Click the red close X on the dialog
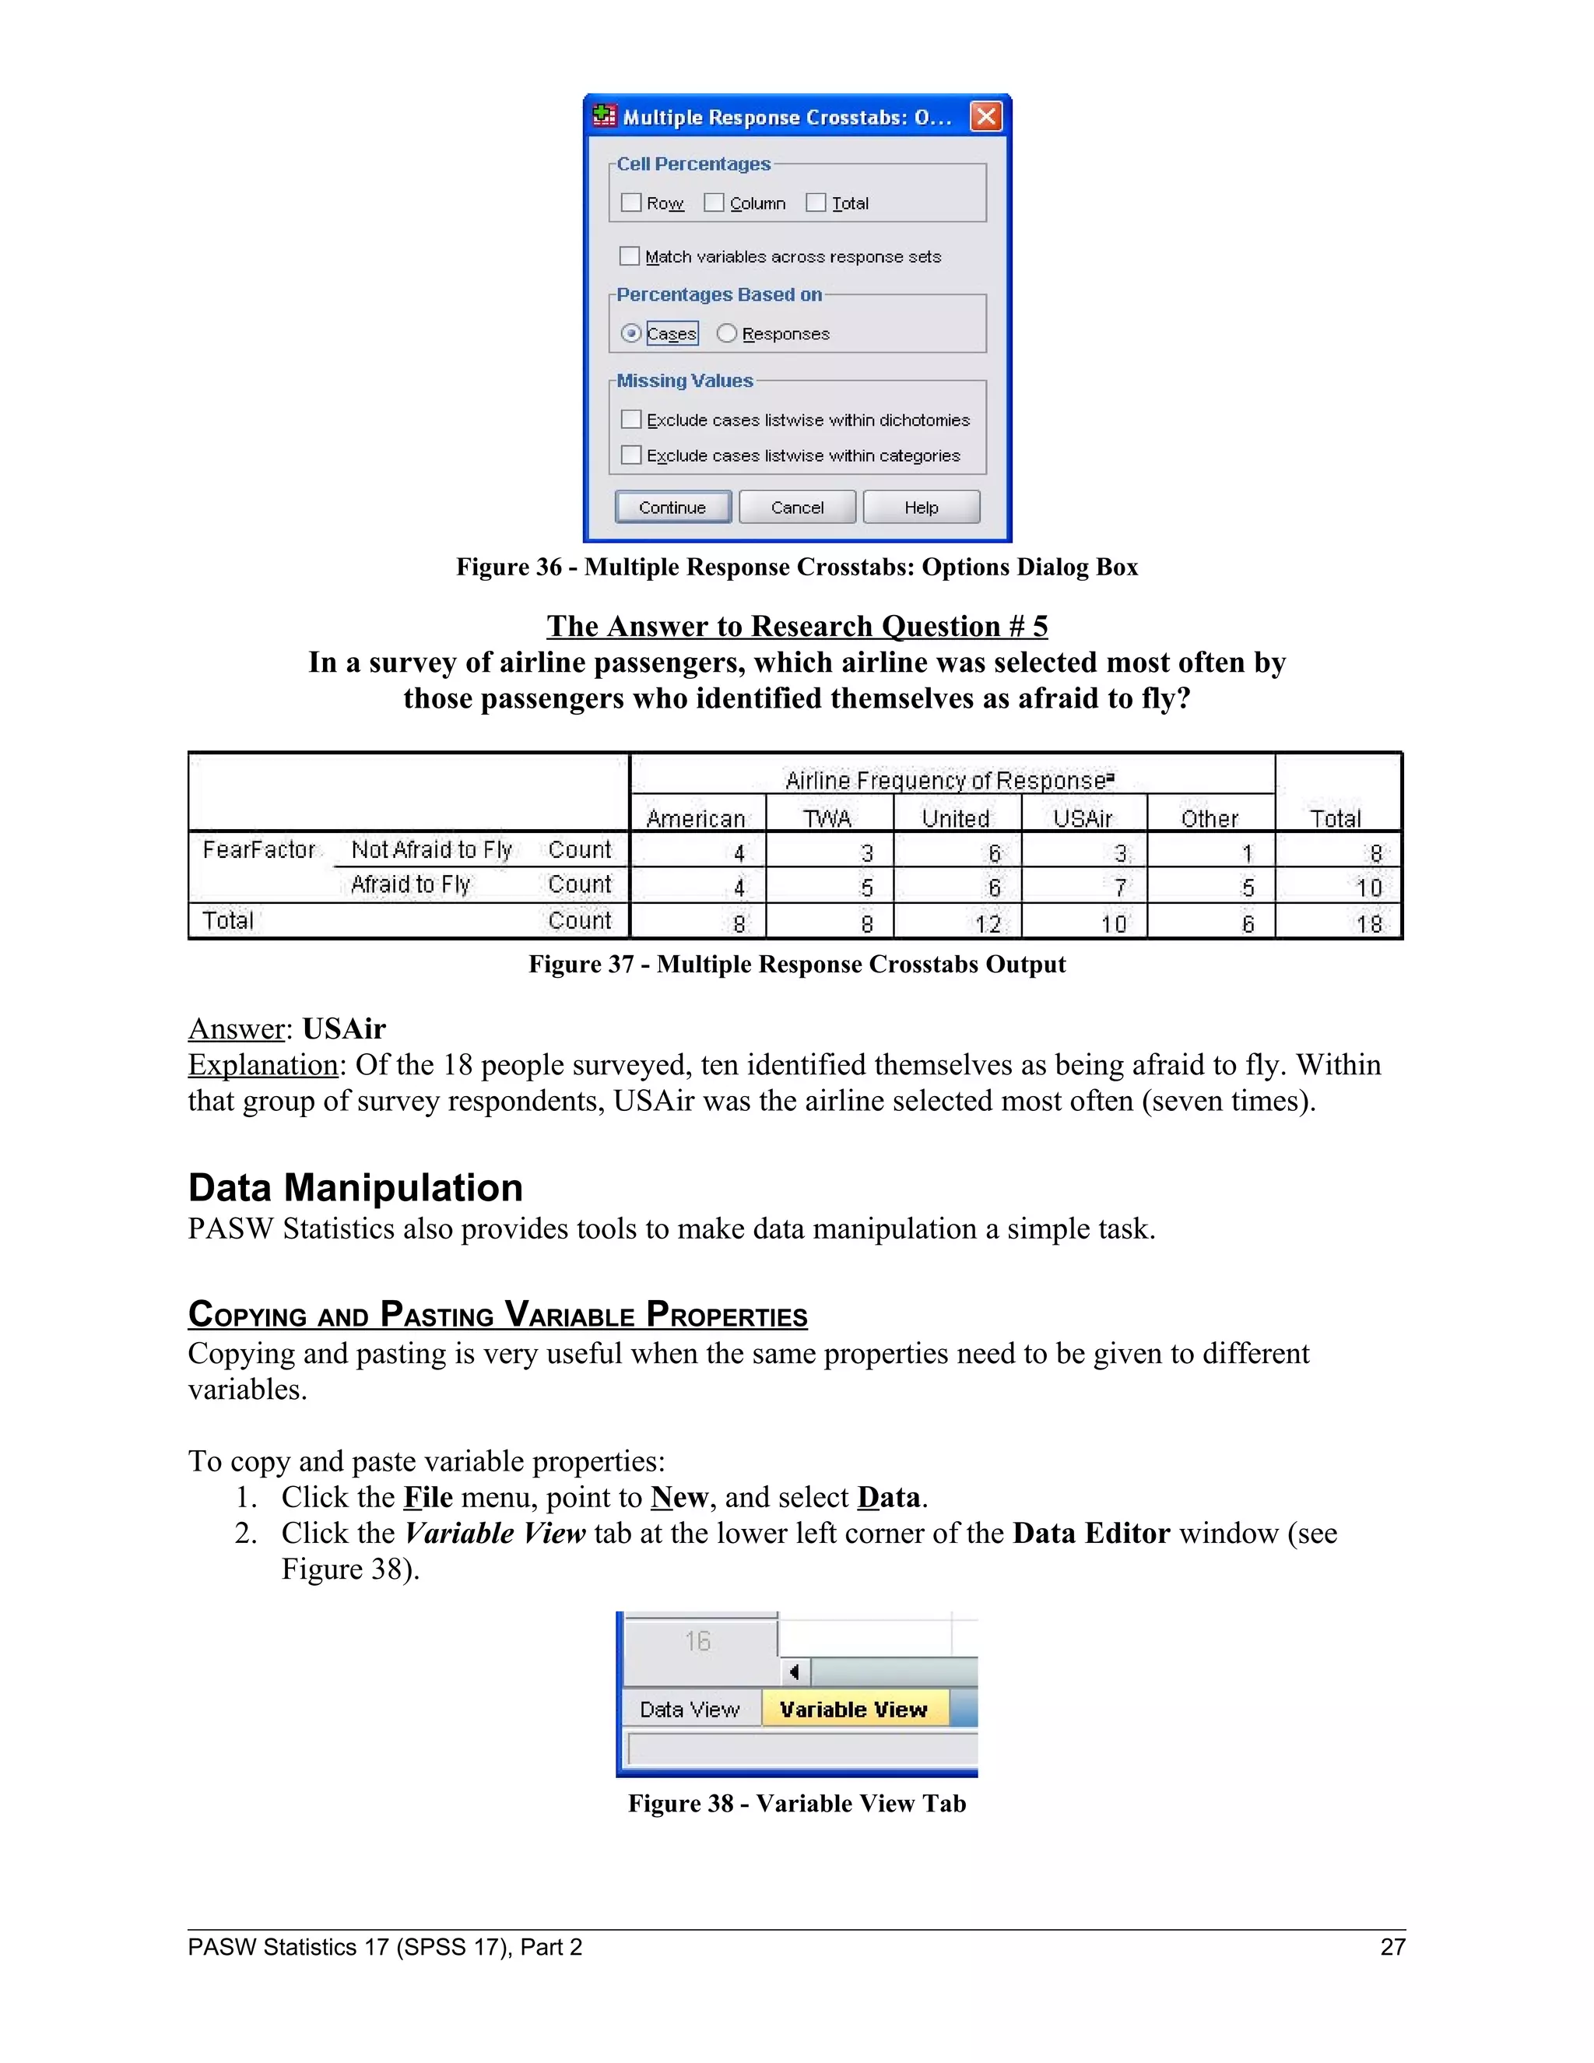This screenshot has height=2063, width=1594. pyautogui.click(x=986, y=116)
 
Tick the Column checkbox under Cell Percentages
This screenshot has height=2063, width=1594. pyautogui.click(x=714, y=203)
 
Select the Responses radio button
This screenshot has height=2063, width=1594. pyautogui.click(x=726, y=333)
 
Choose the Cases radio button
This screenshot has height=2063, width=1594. pyautogui.click(x=630, y=333)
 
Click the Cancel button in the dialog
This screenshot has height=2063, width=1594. pyautogui.click(x=797, y=508)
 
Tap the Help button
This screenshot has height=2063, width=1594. pyautogui.click(x=921, y=508)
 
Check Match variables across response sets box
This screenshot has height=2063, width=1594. pyautogui.click(x=630, y=256)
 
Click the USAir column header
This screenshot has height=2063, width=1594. pyautogui.click(x=1083, y=818)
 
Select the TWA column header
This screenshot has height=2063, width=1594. pyautogui.click(x=828, y=818)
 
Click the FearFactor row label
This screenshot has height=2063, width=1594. pyautogui.click(x=258, y=850)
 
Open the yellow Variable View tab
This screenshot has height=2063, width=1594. pyautogui.click(x=854, y=1709)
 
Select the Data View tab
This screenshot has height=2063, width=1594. pyautogui.click(x=690, y=1709)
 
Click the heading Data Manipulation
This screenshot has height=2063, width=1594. pyautogui.click(x=355, y=1187)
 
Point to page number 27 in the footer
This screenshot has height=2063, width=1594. pyautogui.click(x=1392, y=1947)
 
